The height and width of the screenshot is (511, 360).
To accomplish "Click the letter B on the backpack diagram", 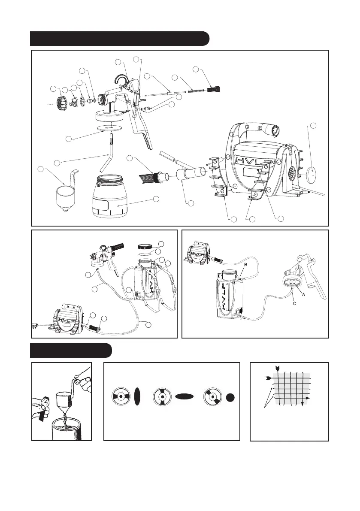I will (x=246, y=265).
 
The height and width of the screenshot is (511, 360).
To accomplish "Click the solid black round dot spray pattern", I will (x=230, y=397).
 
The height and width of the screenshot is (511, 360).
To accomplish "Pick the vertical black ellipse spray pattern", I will (x=137, y=397).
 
